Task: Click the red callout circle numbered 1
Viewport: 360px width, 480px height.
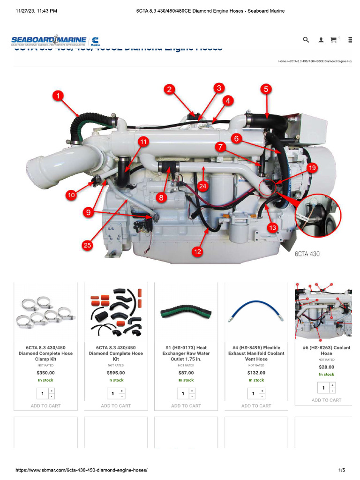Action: pyautogui.click(x=58, y=96)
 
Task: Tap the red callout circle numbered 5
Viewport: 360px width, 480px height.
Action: pyautogui.click(x=266, y=89)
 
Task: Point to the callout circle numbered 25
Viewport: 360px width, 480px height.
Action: pyautogui.click(x=87, y=245)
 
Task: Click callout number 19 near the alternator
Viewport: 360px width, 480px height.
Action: pyautogui.click(x=312, y=167)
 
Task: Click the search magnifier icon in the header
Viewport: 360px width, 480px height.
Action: pyautogui.click(x=306, y=40)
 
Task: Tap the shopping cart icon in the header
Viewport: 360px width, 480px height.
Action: pyautogui.click(x=334, y=40)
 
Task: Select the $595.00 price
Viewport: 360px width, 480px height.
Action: pyautogui.click(x=116, y=373)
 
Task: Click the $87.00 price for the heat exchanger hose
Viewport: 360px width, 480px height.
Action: pyautogui.click(x=186, y=373)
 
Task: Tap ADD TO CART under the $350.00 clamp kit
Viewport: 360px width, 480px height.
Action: pyautogui.click(x=45, y=406)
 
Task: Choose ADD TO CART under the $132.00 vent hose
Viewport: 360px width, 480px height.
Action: pyautogui.click(x=256, y=406)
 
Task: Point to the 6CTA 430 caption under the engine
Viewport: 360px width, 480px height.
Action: pyautogui.click(x=307, y=254)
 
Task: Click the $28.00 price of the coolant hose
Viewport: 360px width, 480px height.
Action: pyautogui.click(x=327, y=367)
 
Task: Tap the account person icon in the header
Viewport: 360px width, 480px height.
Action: pyautogui.click(x=321, y=40)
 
